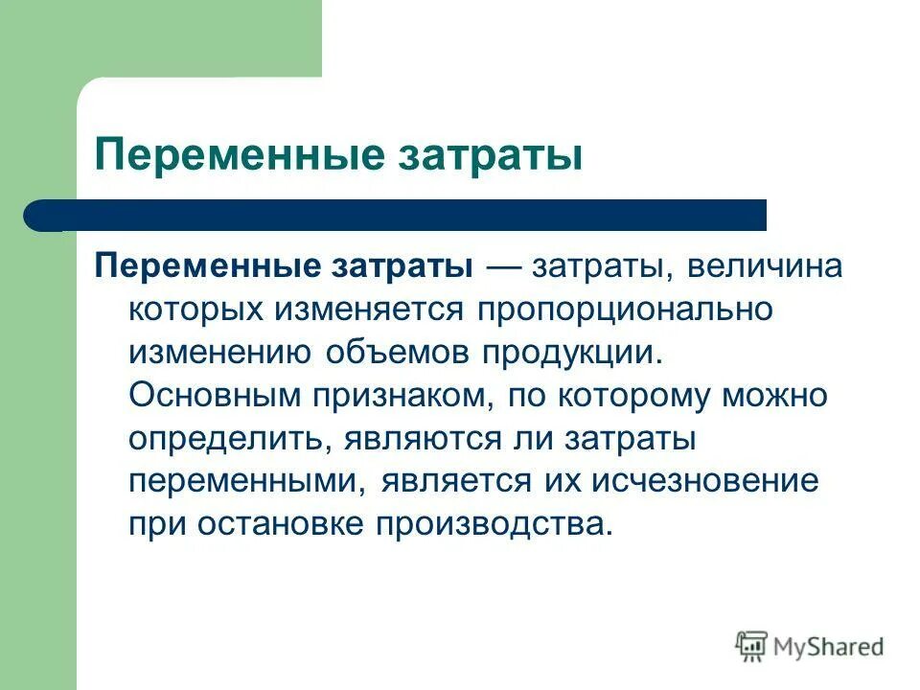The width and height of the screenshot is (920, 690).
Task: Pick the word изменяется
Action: point(365,310)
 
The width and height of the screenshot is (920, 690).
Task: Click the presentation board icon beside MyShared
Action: point(752,647)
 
